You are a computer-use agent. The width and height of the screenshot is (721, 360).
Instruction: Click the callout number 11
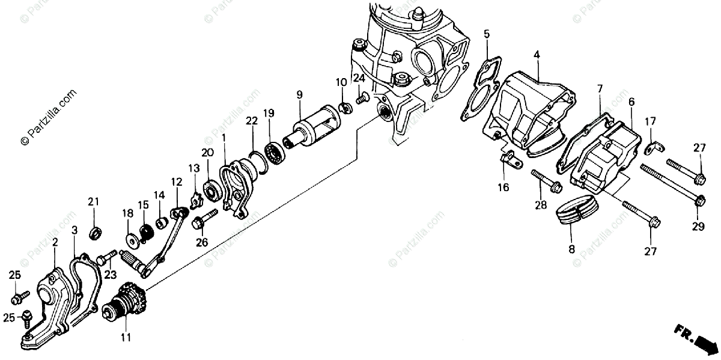(x=125, y=337)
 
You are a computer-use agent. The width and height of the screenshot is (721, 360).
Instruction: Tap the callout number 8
(x=571, y=248)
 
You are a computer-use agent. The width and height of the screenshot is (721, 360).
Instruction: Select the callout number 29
(x=698, y=226)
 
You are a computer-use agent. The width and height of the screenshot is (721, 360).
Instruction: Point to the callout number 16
(x=503, y=188)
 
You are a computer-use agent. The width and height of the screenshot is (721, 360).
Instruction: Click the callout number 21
(x=93, y=201)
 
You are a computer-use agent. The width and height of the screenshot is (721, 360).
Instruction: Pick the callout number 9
(x=299, y=94)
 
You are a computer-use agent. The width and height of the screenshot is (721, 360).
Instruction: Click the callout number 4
(x=537, y=54)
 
